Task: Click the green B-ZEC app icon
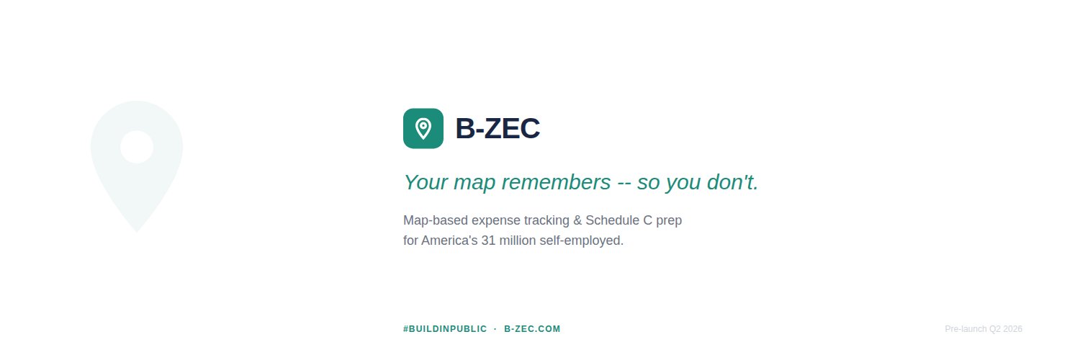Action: click(423, 128)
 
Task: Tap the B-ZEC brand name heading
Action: click(498, 128)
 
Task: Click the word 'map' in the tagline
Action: click(474, 182)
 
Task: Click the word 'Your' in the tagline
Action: click(426, 182)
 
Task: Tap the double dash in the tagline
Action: click(624, 183)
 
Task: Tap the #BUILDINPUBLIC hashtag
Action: click(445, 329)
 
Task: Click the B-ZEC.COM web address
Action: click(532, 329)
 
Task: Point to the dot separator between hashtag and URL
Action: click(495, 329)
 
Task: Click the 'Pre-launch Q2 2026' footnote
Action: click(983, 329)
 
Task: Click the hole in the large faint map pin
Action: click(137, 147)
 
